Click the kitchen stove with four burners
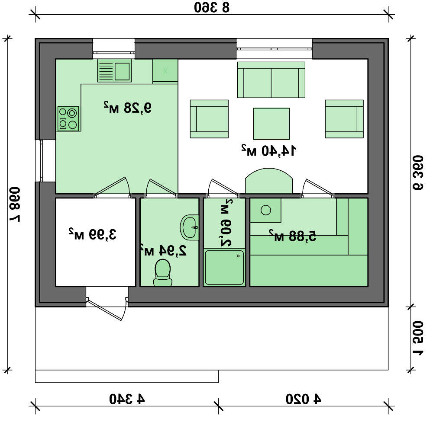(68, 118)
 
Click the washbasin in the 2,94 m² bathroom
(190, 227)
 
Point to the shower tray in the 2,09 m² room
(224, 267)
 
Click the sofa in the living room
(271, 80)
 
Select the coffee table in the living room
(271, 124)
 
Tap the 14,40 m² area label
(269, 150)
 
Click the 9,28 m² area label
(128, 108)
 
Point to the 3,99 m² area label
(93, 234)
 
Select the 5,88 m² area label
(292, 236)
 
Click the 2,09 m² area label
(226, 223)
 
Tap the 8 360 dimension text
(212, 7)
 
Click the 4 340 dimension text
(127, 399)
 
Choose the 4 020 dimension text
(303, 399)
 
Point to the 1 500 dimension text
(418, 338)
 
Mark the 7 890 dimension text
(15, 205)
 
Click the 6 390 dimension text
(418, 173)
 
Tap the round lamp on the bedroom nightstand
(266, 210)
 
